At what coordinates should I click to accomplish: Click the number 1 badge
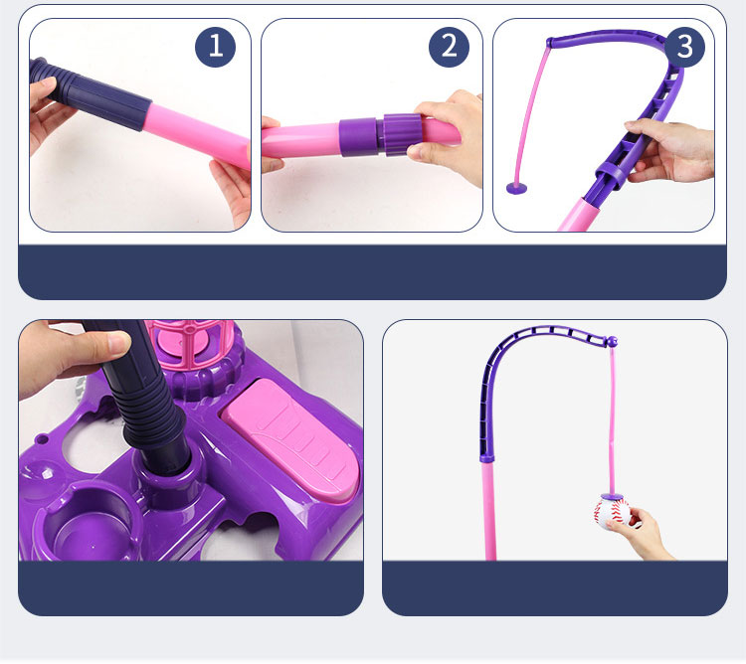(215, 47)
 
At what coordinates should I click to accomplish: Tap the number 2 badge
(449, 47)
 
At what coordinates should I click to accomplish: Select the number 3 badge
(684, 47)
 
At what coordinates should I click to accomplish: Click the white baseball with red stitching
(612, 513)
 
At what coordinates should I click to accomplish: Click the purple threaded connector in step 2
(381, 135)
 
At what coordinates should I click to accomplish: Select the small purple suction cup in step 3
(517, 188)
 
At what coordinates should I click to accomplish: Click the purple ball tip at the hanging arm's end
(613, 341)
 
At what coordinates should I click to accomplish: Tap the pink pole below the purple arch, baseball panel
(489, 511)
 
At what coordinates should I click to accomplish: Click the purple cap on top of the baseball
(612, 497)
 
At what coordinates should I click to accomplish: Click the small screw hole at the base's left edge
(42, 437)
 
